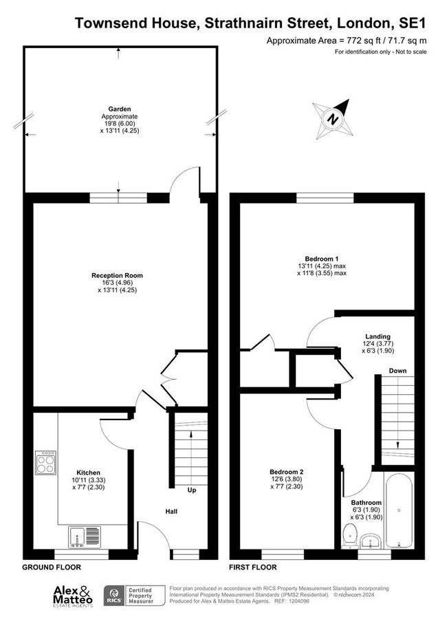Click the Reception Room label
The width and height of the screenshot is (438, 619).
pyautogui.click(x=117, y=276)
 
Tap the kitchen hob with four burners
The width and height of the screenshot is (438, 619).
pyautogui.click(x=45, y=463)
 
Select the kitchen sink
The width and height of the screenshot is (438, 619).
pyautogui.click(x=85, y=537)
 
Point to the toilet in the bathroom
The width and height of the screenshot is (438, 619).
pyautogui.click(x=350, y=536)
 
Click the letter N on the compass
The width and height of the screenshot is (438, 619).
pyautogui.click(x=333, y=118)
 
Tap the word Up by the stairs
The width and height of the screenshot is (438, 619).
pyautogui.click(x=192, y=490)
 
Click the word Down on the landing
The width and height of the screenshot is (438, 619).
pyautogui.click(x=397, y=371)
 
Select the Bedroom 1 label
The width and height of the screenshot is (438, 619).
pyautogui.click(x=322, y=259)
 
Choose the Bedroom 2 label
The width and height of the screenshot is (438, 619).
pyautogui.click(x=287, y=472)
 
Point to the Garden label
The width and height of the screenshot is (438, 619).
pyautogui.click(x=120, y=109)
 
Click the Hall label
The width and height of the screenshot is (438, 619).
pyautogui.click(x=171, y=512)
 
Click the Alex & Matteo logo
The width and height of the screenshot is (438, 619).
pyautogui.click(x=73, y=596)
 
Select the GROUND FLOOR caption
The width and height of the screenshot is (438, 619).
pyautogui.click(x=52, y=567)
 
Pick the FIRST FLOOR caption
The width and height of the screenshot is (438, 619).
pyautogui.click(x=253, y=567)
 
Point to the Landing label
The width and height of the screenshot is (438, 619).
pyautogui.click(x=377, y=336)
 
